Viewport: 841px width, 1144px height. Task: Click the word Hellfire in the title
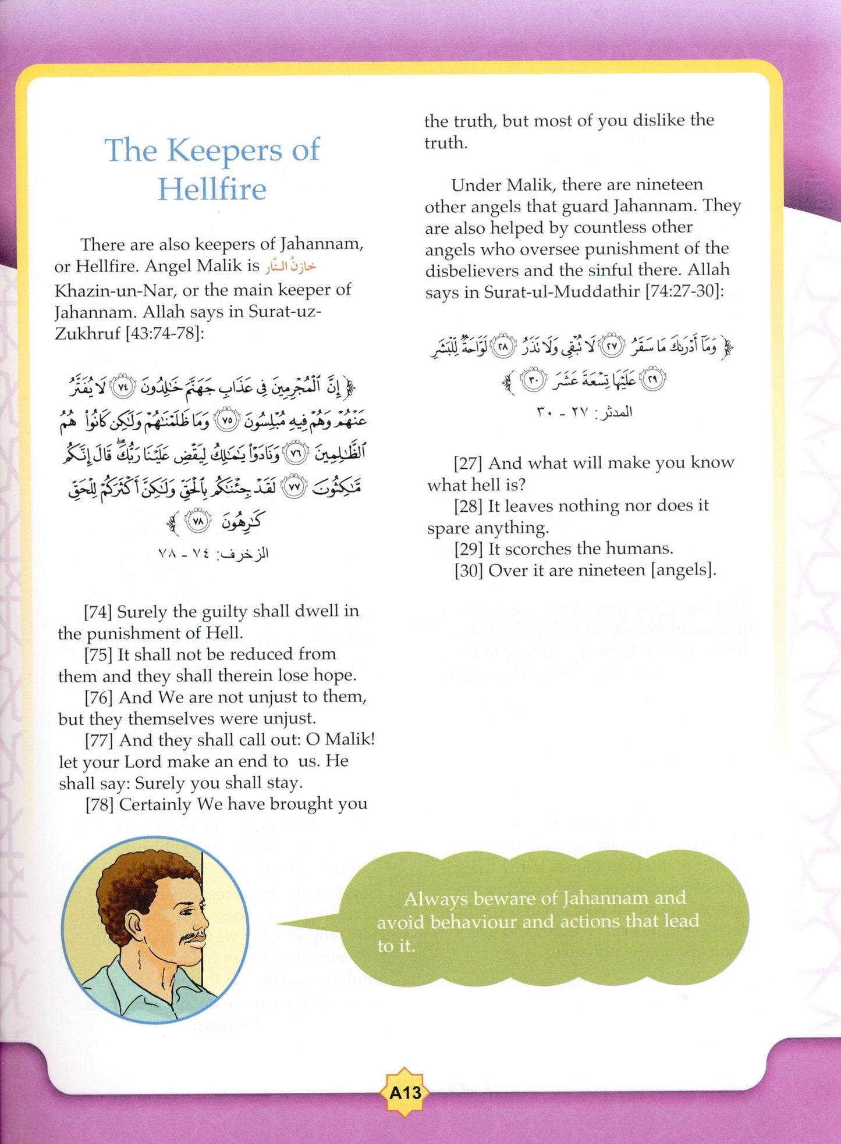(x=212, y=189)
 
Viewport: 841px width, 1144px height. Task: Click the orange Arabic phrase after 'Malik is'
(x=290, y=267)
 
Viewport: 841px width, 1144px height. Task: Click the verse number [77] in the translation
(x=99, y=740)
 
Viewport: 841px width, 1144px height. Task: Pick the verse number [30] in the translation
(x=469, y=571)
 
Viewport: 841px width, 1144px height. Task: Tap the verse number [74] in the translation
(x=98, y=612)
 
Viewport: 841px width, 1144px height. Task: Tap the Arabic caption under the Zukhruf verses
(x=213, y=553)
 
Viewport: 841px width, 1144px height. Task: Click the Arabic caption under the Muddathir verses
(x=583, y=413)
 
